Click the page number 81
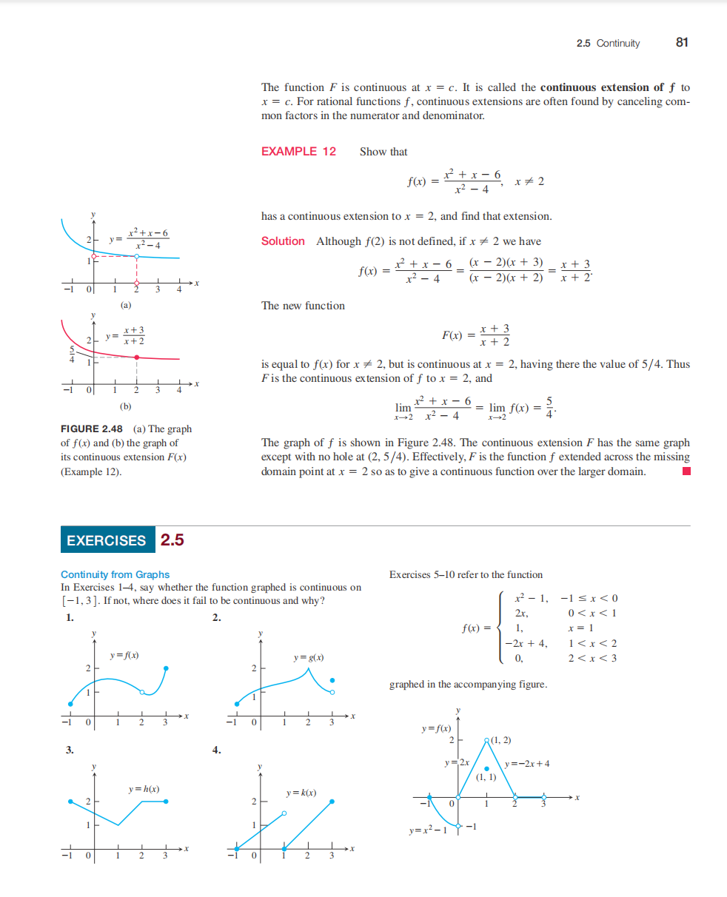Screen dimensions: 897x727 (x=682, y=42)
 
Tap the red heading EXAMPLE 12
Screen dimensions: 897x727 (x=298, y=152)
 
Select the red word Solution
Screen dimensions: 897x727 (x=283, y=241)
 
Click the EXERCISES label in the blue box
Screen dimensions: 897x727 (x=107, y=540)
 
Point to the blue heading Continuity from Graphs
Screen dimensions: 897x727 (x=115, y=574)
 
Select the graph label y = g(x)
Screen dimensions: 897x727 (x=309, y=657)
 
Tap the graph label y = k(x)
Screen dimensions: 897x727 (x=301, y=793)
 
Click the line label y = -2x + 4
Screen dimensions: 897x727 (x=526, y=764)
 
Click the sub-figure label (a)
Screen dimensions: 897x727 (x=126, y=305)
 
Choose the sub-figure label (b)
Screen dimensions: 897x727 (x=126, y=406)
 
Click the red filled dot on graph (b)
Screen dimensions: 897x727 (x=136, y=357)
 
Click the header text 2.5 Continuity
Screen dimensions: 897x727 (x=608, y=43)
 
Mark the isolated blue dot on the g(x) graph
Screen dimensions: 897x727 (x=332, y=680)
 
